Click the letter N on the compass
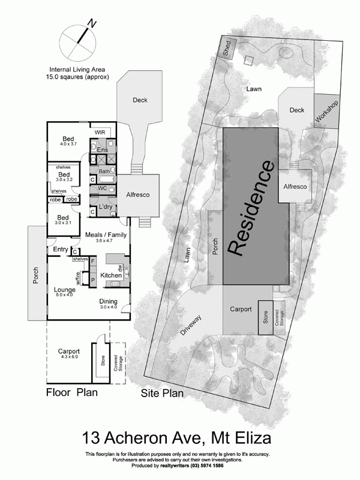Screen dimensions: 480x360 (x=92, y=23)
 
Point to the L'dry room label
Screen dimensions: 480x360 (x=106, y=207)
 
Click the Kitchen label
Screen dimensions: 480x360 (x=110, y=275)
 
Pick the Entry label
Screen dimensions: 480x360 (x=61, y=249)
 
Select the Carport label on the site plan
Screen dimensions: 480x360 (x=240, y=310)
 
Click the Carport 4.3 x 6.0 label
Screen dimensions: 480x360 (x=69, y=355)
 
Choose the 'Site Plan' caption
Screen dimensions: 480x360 (x=161, y=394)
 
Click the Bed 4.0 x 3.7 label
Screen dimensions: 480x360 (x=68, y=140)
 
